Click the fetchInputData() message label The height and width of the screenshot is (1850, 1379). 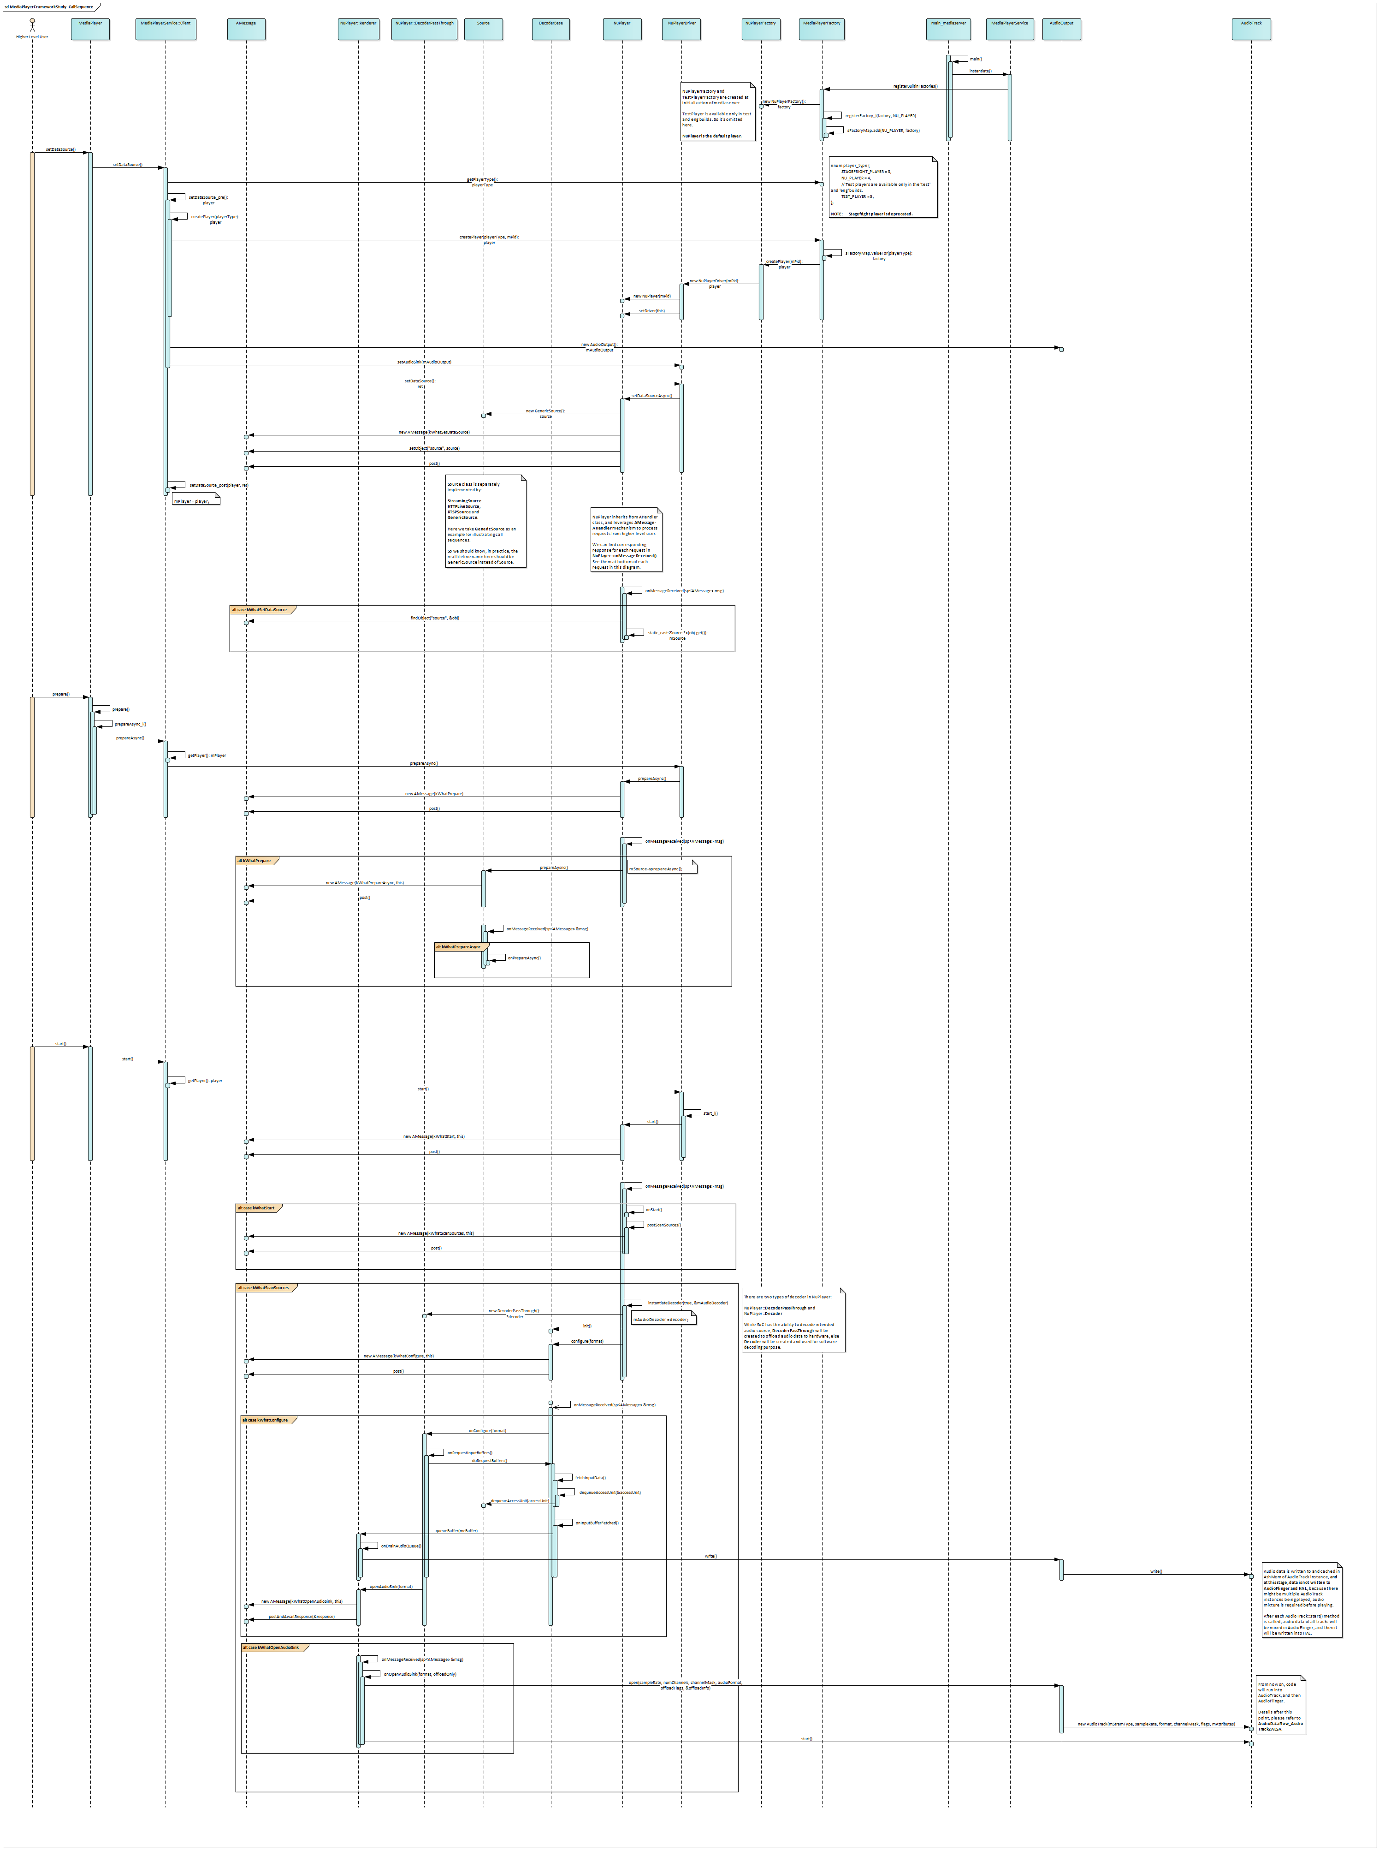click(x=590, y=1478)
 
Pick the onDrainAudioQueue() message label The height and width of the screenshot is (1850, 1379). click(x=401, y=1546)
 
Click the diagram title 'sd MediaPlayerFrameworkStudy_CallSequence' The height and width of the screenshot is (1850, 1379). click(x=50, y=6)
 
